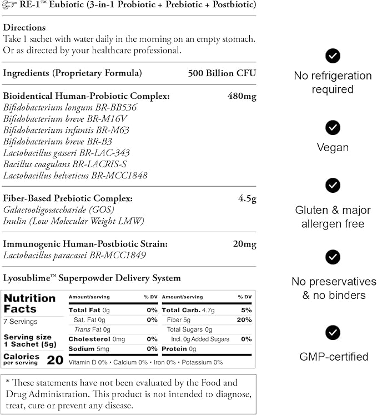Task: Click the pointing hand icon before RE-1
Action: tap(9, 6)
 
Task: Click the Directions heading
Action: tap(24, 27)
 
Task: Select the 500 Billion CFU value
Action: tap(222, 73)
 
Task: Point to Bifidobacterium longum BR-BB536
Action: tap(70, 107)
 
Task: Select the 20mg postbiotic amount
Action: tap(244, 244)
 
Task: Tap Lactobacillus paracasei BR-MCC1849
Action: tap(74, 256)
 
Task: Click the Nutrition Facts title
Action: tap(29, 303)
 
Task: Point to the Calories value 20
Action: tap(55, 360)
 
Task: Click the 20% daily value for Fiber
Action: tap(244, 320)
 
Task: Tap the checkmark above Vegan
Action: tap(333, 128)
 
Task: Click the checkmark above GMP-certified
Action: tap(333, 332)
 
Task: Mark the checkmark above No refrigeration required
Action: tap(333, 56)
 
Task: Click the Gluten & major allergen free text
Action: tap(333, 217)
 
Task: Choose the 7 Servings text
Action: tap(21, 322)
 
